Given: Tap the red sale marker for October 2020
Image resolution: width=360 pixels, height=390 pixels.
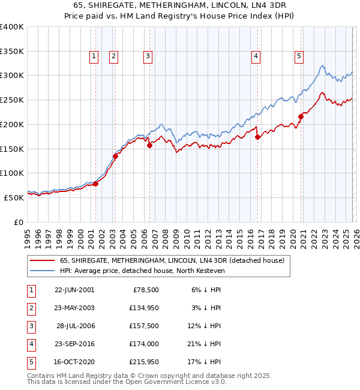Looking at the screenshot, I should pos(301,117).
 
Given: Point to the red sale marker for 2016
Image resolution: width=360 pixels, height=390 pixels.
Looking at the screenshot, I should pos(257,137).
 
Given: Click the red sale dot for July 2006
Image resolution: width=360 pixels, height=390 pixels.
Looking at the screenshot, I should pos(149,145).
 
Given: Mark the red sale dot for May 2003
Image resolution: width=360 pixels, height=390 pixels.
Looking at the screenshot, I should pos(115,156).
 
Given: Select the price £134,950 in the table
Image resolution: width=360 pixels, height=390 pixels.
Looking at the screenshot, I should pos(143,308).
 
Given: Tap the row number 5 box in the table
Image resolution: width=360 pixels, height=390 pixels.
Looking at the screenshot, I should pos(31,362).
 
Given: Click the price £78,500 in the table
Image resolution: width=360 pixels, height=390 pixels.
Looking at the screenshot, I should pos(146,290).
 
